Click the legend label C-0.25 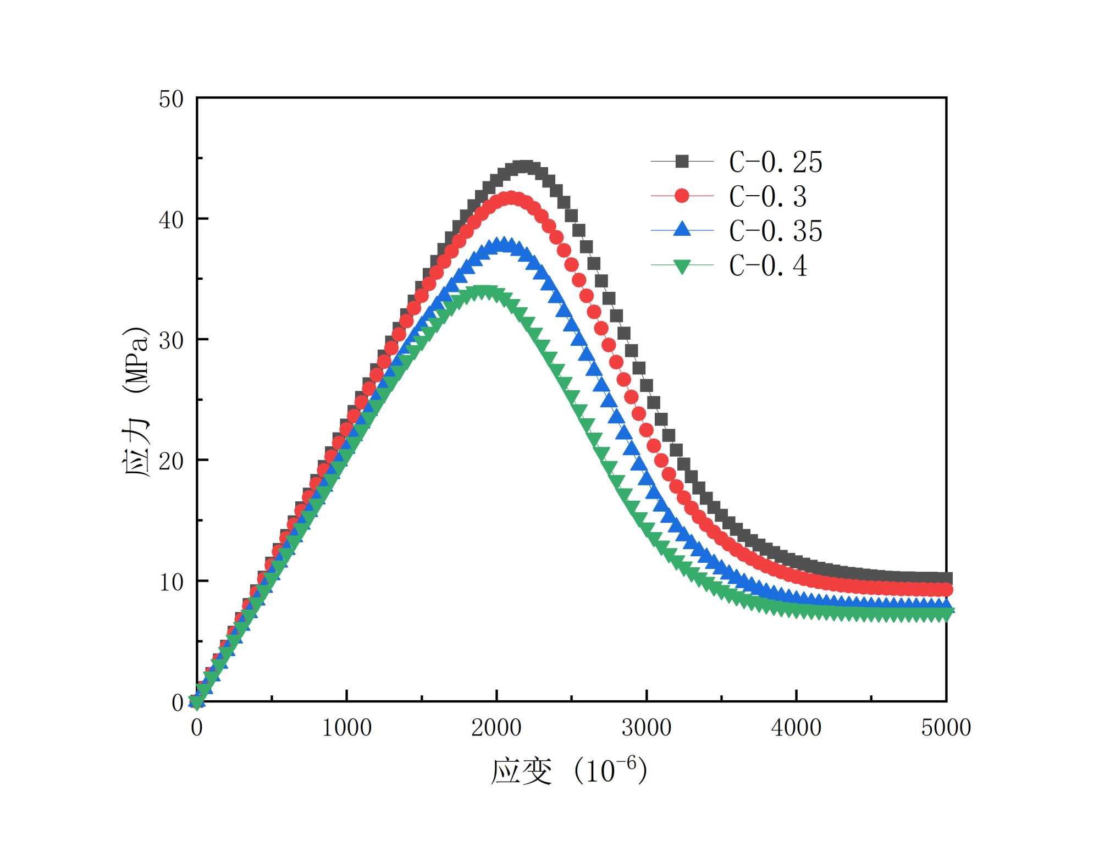click(x=775, y=162)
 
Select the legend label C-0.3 click(x=767, y=196)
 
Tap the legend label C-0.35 click(x=775, y=231)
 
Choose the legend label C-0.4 click(x=767, y=266)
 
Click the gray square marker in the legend click(x=682, y=162)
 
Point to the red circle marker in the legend click(x=682, y=196)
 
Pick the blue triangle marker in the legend click(x=682, y=229)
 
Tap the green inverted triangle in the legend click(x=682, y=267)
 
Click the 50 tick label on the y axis click(x=171, y=99)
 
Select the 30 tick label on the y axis click(x=171, y=341)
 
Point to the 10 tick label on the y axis click(x=171, y=582)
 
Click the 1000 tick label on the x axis click(x=346, y=728)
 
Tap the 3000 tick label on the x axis click(x=647, y=728)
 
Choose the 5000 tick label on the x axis click(x=946, y=728)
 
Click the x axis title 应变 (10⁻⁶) click(x=568, y=771)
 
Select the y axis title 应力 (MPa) click(x=135, y=401)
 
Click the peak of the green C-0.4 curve click(x=484, y=292)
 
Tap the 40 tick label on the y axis click(x=171, y=220)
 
